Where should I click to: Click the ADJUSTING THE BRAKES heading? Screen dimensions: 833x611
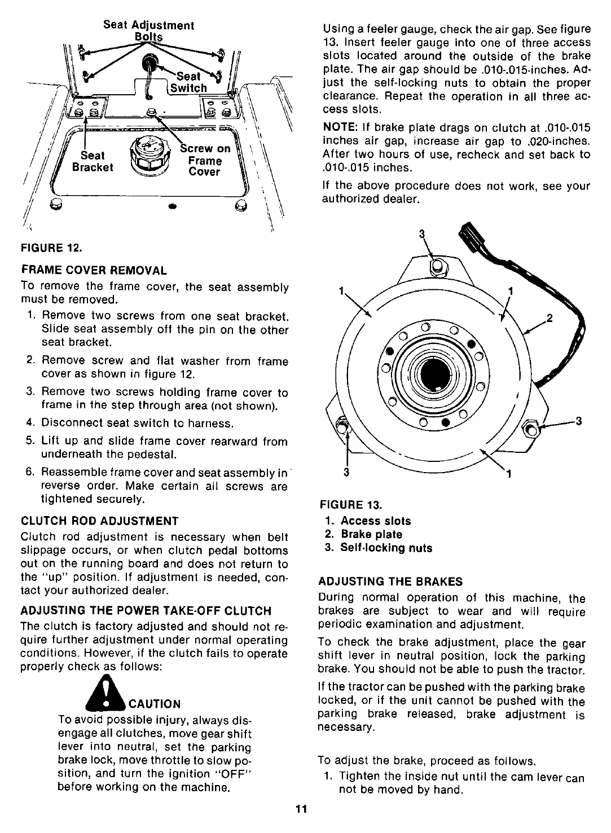tap(390, 581)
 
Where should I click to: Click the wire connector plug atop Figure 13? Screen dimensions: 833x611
tap(471, 235)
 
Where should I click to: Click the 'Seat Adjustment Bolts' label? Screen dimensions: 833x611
tap(149, 31)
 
